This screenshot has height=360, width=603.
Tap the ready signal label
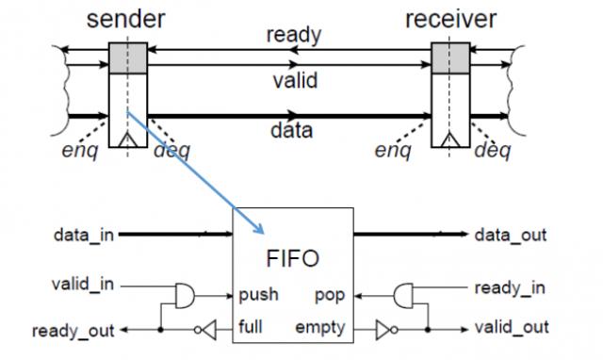[293, 36]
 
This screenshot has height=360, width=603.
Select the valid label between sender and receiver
[294, 80]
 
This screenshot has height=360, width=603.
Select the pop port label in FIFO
[331, 295]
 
